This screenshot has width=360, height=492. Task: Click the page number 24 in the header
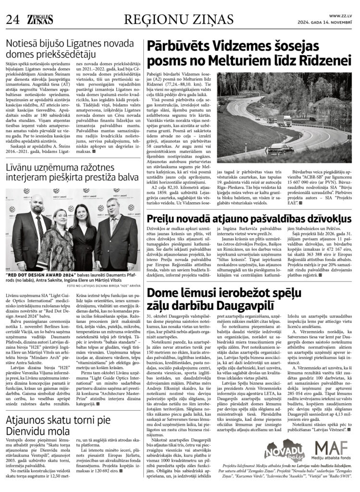(x=12, y=19)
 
